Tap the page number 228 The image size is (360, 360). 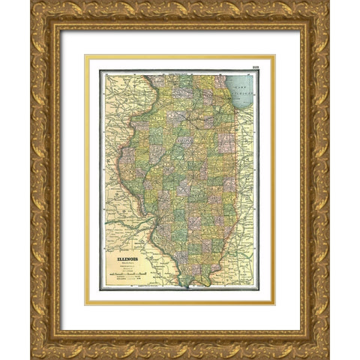click(256, 67)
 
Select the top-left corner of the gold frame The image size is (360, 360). click(31, 3)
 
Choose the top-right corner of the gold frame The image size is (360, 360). click(328, 3)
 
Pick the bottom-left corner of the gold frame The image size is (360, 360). click(31, 357)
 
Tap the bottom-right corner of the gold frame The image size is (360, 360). click(328, 357)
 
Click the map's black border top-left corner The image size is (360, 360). click(100, 70)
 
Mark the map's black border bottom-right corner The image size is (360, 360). click(259, 289)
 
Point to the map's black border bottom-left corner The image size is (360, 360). click(100, 289)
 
